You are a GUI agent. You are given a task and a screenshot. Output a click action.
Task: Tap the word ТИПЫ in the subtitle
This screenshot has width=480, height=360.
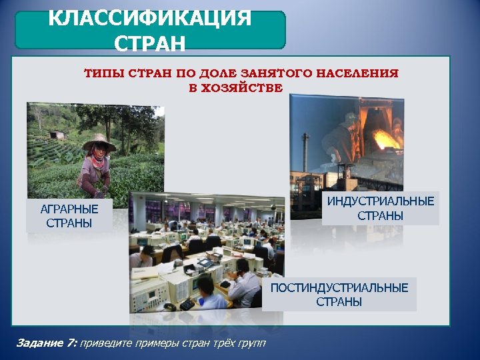tap(100, 74)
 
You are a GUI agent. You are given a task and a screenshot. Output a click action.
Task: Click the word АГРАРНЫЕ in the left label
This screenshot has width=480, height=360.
tap(69, 209)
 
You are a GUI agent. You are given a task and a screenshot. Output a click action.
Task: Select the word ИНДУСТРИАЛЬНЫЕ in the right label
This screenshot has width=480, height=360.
tap(381, 201)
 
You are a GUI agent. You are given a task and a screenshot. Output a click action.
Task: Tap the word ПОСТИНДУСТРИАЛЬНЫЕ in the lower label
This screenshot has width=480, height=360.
tap(339, 287)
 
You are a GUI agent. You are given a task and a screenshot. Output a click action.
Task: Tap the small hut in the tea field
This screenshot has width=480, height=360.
tap(58, 135)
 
